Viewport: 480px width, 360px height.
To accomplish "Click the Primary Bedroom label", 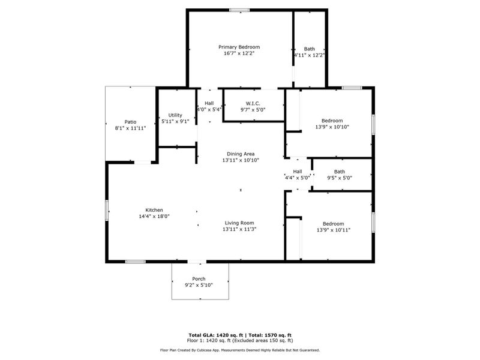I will click(x=239, y=47).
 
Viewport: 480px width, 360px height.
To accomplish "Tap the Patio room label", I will click(x=130, y=122).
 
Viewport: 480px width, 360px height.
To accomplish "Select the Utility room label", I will click(x=175, y=115).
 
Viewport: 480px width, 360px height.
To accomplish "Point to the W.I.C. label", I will click(x=253, y=103).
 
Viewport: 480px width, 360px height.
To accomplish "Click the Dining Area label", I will click(x=240, y=154).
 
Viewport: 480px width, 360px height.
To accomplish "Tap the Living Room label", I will click(x=239, y=223).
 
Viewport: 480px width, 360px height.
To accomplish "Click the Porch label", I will click(x=199, y=279).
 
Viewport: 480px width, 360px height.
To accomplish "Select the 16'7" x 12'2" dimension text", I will click(x=239, y=53).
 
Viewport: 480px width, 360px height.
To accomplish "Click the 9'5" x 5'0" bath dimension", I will click(x=340, y=178).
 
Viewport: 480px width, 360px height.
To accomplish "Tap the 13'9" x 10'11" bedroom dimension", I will click(x=333, y=230).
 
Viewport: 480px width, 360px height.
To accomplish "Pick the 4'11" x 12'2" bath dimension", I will click(x=309, y=55).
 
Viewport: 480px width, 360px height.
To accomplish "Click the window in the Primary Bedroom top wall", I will click(x=239, y=10).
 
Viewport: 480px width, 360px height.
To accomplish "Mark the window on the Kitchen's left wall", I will click(x=107, y=210).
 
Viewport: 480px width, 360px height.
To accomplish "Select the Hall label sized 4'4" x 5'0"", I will click(x=297, y=172).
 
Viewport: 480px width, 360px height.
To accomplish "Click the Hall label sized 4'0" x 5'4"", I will click(x=209, y=103).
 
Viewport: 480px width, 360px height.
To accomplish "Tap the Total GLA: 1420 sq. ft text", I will click(x=214, y=335).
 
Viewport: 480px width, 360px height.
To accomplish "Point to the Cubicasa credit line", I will click(x=239, y=350).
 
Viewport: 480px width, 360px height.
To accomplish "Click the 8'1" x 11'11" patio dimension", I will click(x=130, y=128).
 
